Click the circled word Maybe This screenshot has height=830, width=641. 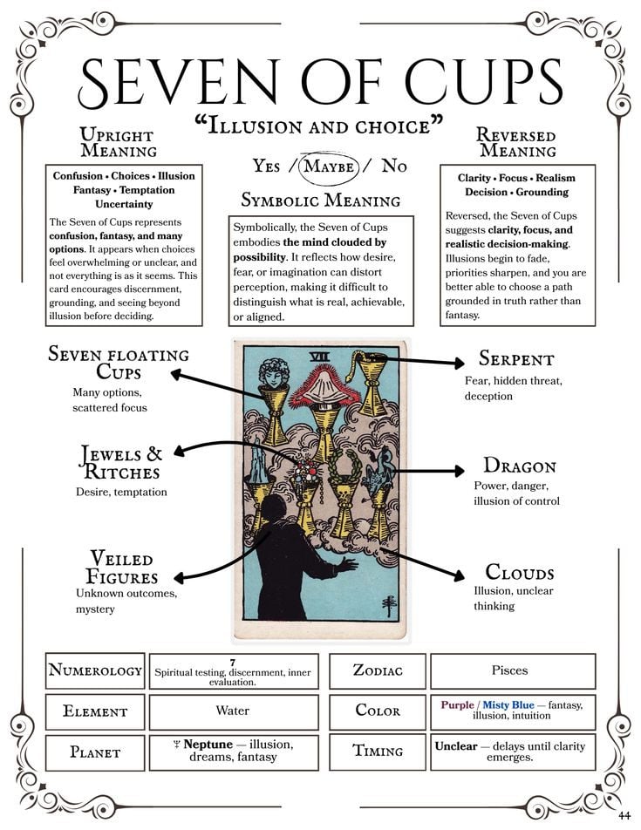point(329,166)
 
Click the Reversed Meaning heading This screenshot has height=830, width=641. point(515,142)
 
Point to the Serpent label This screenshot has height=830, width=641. point(515,359)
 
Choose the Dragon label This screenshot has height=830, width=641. point(519,466)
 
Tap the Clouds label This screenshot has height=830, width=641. point(519,573)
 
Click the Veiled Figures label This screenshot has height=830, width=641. point(121,568)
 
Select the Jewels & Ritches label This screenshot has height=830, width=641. point(121,463)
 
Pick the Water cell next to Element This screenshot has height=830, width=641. point(233,711)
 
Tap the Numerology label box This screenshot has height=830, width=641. point(95,670)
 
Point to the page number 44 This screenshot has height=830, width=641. point(624,815)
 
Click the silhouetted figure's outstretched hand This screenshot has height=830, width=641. point(349,564)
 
